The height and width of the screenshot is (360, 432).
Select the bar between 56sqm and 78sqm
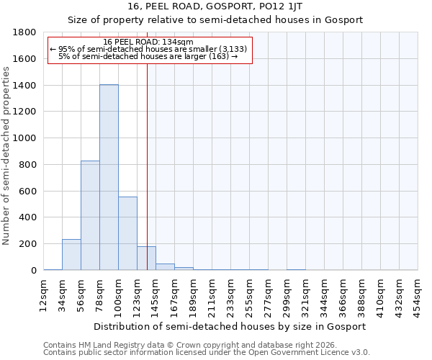[x=90, y=215]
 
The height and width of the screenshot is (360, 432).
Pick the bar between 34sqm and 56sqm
[x=71, y=255]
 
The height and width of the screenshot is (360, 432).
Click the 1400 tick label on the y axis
[x=25, y=86]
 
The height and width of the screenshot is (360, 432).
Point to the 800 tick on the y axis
[x=28, y=165]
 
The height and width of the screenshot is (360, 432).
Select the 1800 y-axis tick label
[x=25, y=32]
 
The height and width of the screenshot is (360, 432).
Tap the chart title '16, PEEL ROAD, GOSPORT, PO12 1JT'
[x=215, y=6]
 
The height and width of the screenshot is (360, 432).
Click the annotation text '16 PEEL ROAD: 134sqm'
[x=148, y=42]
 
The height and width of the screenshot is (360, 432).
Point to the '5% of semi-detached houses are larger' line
[x=148, y=56]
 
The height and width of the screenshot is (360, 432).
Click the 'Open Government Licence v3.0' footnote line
[x=207, y=353]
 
